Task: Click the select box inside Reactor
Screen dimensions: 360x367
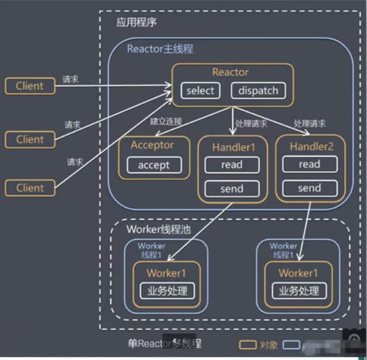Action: pyautogui.click(x=201, y=90)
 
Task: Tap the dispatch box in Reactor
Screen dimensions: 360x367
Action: pyautogui.click(x=258, y=90)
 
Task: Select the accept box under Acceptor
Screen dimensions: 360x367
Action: pyautogui.click(x=154, y=165)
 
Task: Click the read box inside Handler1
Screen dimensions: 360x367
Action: pyautogui.click(x=232, y=165)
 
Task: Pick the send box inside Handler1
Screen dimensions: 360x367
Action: pyautogui.click(x=232, y=188)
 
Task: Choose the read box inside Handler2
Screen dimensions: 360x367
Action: pyautogui.click(x=309, y=164)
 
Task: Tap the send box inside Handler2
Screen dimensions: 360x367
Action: pyautogui.click(x=309, y=188)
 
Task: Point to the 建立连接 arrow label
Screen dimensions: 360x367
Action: pyautogui.click(x=166, y=121)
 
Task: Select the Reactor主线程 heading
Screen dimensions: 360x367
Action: pyautogui.click(x=160, y=48)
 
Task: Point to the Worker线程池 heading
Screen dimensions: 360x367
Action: pyautogui.click(x=159, y=229)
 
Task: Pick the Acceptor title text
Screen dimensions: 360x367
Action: pyautogui.click(x=152, y=145)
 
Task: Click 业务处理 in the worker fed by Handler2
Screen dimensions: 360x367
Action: pyautogui.click(x=299, y=291)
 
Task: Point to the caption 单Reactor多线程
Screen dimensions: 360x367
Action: pyautogui.click(x=165, y=343)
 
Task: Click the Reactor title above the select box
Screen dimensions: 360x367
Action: pyautogui.click(x=230, y=72)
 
